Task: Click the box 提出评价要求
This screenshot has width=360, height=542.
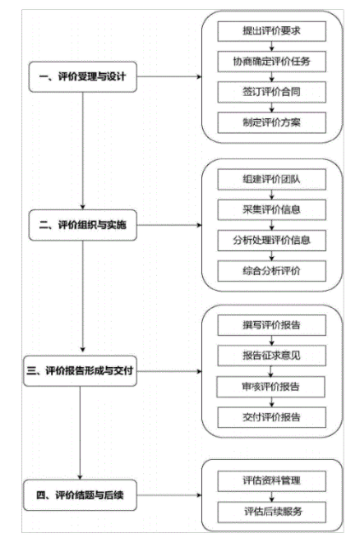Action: coord(271,31)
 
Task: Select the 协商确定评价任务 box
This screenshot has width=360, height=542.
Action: coord(271,62)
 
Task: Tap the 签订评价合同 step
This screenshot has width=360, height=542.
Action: coord(271,92)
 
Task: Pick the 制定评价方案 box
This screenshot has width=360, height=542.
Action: coord(271,122)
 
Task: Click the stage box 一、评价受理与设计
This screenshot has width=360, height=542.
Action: coord(83,76)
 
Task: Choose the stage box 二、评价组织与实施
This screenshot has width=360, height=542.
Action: coord(83,225)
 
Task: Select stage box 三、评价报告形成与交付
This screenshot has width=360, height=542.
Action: coord(80,371)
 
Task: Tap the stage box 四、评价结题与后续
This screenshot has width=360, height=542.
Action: coord(80,495)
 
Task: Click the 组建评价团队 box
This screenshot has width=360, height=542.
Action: coord(271,179)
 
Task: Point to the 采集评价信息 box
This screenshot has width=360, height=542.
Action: coord(271,209)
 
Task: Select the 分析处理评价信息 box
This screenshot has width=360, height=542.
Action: coord(271,241)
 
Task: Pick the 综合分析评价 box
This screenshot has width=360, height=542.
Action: coord(271,271)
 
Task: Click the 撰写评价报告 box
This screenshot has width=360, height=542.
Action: coord(271,325)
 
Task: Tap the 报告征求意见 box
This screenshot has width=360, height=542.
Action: coord(271,356)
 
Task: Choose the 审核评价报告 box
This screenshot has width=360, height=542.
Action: coord(270,387)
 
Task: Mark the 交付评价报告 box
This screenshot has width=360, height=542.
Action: coord(271,417)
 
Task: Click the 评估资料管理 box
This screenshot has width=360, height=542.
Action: coord(271,480)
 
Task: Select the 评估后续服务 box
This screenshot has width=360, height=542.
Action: coord(271,512)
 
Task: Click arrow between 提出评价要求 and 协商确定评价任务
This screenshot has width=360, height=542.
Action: coord(271,47)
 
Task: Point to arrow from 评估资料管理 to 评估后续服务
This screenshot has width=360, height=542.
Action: coord(271,497)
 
